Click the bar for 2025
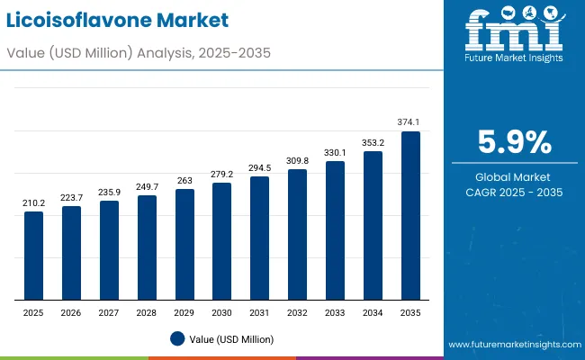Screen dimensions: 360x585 tap(33, 256)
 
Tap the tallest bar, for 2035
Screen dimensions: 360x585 tap(410, 216)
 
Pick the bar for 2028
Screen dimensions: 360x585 tap(147, 247)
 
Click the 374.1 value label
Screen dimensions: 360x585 tap(410, 122)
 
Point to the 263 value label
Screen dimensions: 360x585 tap(184, 180)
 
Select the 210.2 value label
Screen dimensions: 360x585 tap(33, 203)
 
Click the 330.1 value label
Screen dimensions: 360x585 tap(335, 152)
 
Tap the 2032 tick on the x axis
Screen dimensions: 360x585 tap(297, 311)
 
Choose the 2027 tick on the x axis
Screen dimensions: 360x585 tap(109, 311)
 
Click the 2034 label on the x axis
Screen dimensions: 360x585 tap(373, 311)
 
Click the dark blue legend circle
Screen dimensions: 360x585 tap(177, 339)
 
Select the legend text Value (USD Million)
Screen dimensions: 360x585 tap(230, 339)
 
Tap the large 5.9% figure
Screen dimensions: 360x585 tap(514, 142)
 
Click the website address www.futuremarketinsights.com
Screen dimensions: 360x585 tap(511, 345)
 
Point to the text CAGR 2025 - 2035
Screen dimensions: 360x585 tap(514, 193)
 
